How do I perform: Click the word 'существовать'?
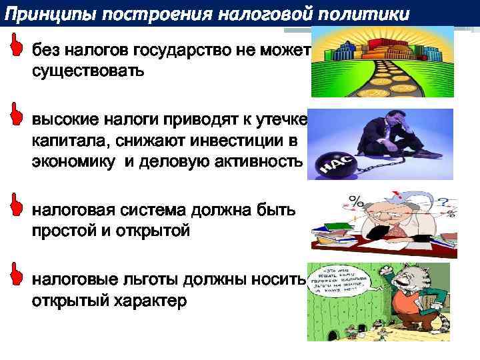point(87,70)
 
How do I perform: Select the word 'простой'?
point(67,231)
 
